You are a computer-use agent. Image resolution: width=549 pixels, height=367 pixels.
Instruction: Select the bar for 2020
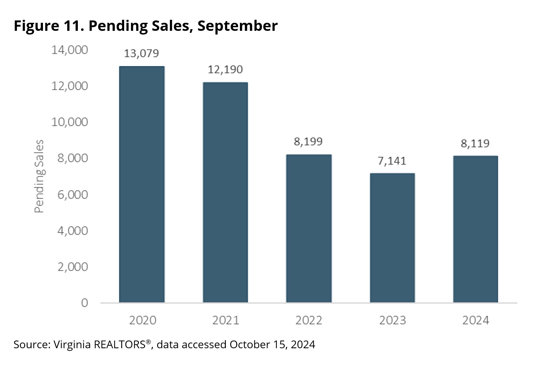point(142,184)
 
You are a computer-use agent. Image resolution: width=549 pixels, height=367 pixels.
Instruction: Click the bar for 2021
point(225,192)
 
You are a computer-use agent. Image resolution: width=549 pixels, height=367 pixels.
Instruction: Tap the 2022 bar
point(309,229)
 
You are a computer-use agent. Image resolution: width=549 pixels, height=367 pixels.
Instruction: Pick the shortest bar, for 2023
point(392,238)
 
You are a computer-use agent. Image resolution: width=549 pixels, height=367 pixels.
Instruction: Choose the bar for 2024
point(476,229)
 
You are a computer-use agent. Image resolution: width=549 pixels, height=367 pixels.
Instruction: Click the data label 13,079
point(141,53)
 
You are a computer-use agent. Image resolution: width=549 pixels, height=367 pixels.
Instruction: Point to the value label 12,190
point(225,69)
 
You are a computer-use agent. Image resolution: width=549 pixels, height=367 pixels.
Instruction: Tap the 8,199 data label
point(308,141)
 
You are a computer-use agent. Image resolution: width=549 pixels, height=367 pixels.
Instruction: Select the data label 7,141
point(392,161)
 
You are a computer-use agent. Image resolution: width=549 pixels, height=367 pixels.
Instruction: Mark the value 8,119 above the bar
point(475,143)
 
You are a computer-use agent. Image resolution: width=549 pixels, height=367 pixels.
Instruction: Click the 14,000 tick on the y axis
point(69,50)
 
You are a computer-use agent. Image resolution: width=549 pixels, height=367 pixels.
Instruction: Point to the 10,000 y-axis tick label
point(69,122)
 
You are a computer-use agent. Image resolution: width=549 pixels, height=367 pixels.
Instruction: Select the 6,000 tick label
point(72,194)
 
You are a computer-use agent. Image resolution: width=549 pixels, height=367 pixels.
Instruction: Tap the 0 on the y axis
point(84,303)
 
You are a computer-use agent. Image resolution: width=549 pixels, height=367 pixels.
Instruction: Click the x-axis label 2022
point(309,320)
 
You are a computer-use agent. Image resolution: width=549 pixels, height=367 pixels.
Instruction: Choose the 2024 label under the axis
point(476,320)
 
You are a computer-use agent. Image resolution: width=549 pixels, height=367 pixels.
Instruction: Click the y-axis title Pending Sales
point(39,176)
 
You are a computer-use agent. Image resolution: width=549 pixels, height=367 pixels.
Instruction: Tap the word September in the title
point(237,26)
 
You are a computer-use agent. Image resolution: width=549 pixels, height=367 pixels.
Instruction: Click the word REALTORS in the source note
point(119,345)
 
